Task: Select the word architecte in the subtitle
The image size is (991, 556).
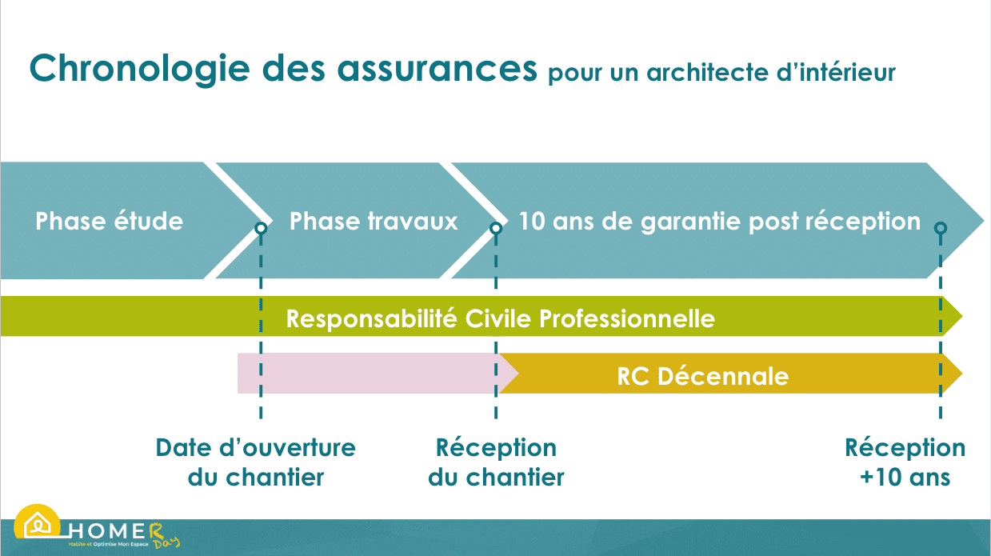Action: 705,73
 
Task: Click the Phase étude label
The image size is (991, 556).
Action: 110,221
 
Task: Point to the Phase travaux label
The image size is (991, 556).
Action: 374,221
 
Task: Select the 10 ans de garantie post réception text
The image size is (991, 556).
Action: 719,221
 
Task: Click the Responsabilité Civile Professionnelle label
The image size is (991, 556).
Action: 501,318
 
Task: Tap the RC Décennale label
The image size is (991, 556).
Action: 702,375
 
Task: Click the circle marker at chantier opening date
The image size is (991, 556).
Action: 261,228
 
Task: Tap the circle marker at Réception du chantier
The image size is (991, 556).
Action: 496,228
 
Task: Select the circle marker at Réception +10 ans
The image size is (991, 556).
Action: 941,228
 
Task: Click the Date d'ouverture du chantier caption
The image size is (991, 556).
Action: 256,462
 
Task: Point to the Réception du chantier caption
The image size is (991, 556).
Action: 496,462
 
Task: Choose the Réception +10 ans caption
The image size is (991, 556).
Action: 905,462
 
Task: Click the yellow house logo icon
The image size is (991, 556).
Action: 37,524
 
